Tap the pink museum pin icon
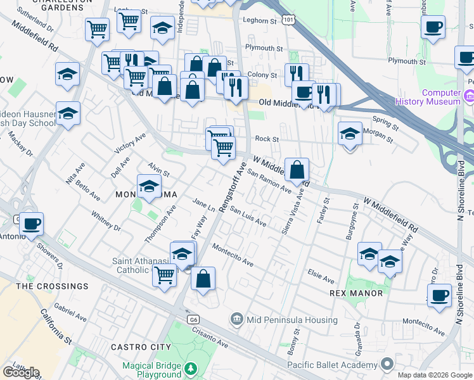click(x=469, y=96)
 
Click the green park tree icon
click(x=191, y=368)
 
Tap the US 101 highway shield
click(x=289, y=21)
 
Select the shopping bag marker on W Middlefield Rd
click(x=297, y=170)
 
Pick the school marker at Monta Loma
click(x=149, y=187)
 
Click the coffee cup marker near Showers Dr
click(x=31, y=223)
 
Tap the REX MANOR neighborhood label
click(x=356, y=293)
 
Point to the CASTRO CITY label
click(x=141, y=347)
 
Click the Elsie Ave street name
click(x=321, y=277)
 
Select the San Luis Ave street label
click(x=248, y=217)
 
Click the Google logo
click(x=20, y=372)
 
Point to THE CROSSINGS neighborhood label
click(x=53, y=286)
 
